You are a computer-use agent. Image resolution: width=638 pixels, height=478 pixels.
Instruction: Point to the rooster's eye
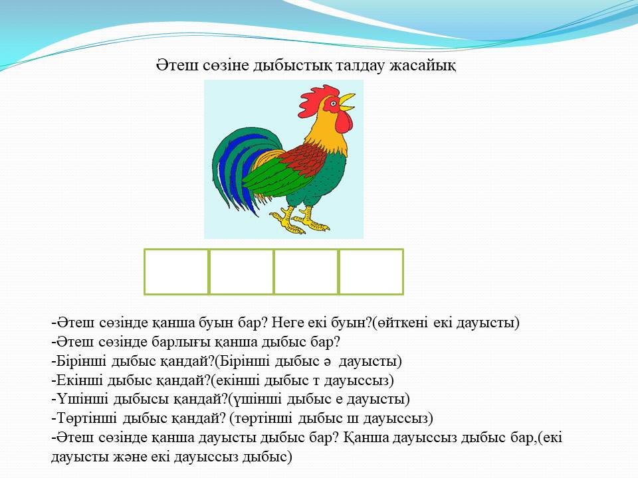334,104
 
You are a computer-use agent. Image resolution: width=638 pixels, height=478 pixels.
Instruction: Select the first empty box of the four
176,272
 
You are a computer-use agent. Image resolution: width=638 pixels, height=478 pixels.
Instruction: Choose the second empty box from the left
241,272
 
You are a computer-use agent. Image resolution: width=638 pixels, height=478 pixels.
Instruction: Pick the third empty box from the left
306,272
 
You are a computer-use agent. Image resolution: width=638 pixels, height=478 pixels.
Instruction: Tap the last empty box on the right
371,272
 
